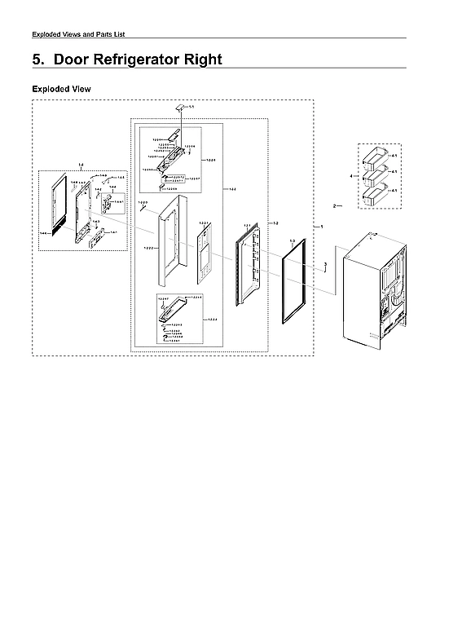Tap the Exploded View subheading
tap(61, 88)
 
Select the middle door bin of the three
tap(376, 174)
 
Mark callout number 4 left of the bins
tap(351, 175)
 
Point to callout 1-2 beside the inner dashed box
tap(276, 223)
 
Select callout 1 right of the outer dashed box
tap(322, 226)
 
